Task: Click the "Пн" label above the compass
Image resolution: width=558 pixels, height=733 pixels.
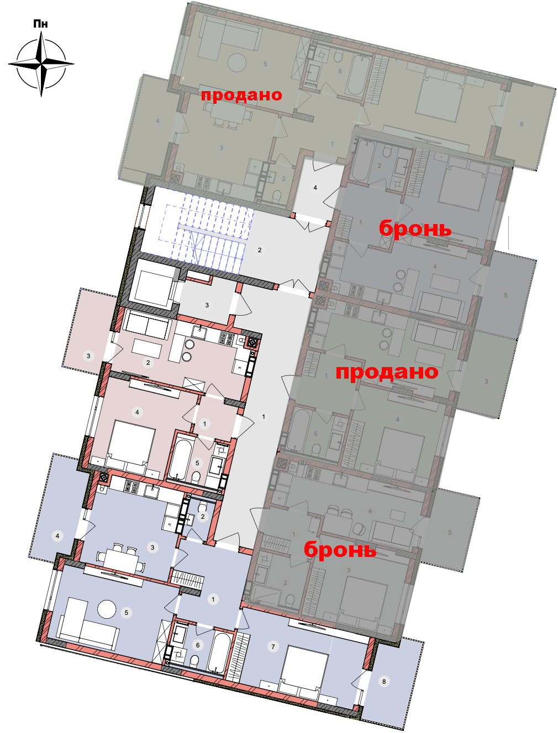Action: (41, 24)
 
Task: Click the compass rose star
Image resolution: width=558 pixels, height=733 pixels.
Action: (41, 63)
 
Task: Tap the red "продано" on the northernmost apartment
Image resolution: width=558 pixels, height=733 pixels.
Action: (241, 95)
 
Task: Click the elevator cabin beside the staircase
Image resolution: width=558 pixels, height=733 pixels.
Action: (154, 288)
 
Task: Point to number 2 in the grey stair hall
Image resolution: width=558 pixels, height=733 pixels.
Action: (260, 250)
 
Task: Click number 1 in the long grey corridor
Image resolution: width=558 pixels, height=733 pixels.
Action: (264, 416)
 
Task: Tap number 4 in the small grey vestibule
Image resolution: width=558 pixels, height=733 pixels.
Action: (315, 188)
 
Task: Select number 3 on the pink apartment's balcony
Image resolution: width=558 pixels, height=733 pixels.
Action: (88, 355)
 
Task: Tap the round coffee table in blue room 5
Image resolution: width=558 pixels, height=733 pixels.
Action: (107, 608)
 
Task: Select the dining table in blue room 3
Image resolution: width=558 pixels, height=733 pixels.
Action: (121, 557)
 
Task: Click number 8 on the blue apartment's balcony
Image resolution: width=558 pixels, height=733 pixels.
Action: (384, 682)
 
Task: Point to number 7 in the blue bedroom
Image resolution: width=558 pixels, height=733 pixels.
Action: (273, 647)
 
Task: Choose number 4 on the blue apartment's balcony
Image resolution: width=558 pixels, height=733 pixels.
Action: (57, 536)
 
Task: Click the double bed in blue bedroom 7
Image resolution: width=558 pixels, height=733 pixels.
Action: (302, 671)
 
